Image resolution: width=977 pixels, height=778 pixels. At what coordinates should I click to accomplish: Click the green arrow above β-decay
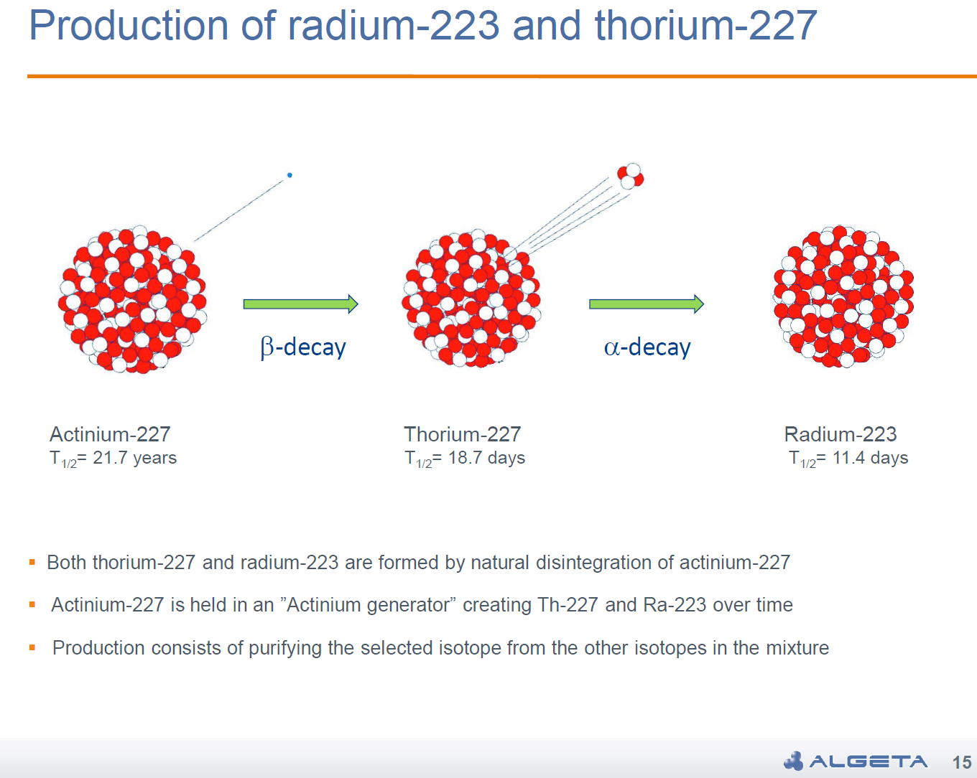[x=300, y=304]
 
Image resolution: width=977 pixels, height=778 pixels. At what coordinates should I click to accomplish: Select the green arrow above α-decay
[x=647, y=304]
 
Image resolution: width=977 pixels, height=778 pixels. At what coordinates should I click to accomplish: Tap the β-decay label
[x=303, y=347]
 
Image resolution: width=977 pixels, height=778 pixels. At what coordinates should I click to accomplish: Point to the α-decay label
[x=647, y=347]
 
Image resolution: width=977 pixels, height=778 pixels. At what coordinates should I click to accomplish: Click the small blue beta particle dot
[x=290, y=175]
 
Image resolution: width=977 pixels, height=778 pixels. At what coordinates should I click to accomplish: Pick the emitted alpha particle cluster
[x=631, y=176]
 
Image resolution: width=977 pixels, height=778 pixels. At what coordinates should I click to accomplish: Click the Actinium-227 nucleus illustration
[x=132, y=299]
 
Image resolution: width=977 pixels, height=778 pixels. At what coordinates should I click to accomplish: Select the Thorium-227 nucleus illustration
[x=471, y=298]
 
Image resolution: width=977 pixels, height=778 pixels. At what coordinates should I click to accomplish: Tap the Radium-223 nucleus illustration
[x=843, y=296]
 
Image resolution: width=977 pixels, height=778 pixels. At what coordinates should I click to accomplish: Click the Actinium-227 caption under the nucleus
[x=110, y=434]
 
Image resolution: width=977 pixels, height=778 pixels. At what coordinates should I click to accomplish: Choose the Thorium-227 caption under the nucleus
[x=463, y=434]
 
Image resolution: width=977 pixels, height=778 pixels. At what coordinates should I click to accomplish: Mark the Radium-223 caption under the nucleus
[x=841, y=434]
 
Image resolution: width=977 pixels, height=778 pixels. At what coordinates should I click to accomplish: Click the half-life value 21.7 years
[x=135, y=458]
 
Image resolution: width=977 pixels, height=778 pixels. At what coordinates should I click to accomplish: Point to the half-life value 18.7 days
[x=486, y=458]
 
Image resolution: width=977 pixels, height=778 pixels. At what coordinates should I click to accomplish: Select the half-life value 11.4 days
[x=870, y=458]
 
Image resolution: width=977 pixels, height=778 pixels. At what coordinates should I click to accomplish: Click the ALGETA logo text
[x=869, y=761]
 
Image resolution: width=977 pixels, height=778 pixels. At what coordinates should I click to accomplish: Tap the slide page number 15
[x=962, y=762]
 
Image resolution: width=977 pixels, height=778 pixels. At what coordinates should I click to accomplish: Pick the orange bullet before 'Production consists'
[x=32, y=647]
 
